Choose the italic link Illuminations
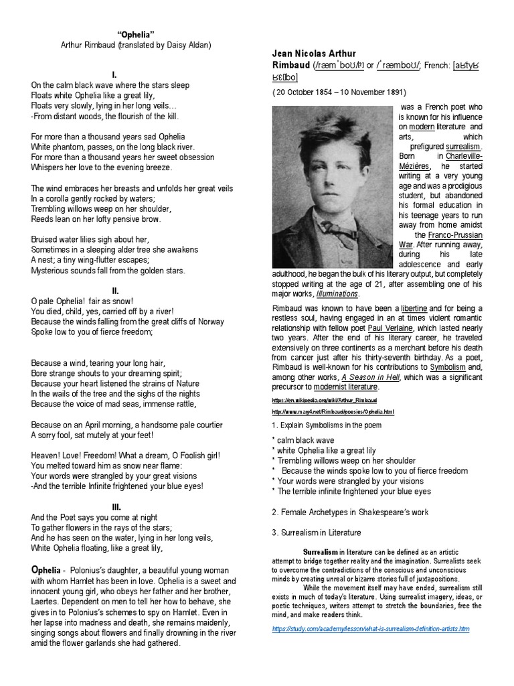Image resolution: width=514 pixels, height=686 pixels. tap(340, 293)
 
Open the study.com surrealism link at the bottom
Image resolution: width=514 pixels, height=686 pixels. tap(371, 629)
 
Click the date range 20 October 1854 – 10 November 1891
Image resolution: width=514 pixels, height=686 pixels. tap(339, 92)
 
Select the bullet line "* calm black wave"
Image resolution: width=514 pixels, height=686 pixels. tap(303, 440)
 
